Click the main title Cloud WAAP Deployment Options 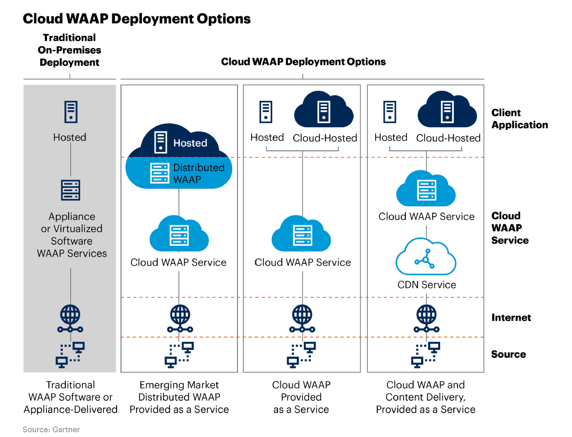[x=136, y=19]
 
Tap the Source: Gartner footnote [x=51, y=430]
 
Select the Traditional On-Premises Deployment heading [x=70, y=50]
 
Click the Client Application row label [x=519, y=119]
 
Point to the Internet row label [x=511, y=317]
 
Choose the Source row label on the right [x=508, y=354]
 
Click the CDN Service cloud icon [x=426, y=257]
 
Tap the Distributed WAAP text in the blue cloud [x=199, y=173]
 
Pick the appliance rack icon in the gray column [x=70, y=190]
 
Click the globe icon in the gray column [x=70, y=315]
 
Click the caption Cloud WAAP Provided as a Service [x=301, y=397]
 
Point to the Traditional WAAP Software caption [x=70, y=397]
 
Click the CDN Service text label [x=426, y=284]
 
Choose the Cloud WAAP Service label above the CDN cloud [x=426, y=216]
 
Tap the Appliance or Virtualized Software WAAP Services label [x=72, y=235]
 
